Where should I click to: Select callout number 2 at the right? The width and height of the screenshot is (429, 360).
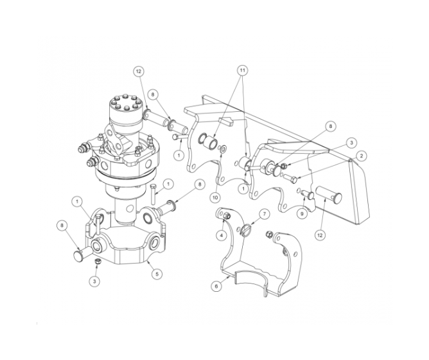coord(362,156)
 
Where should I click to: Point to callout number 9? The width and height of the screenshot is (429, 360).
coord(301,213)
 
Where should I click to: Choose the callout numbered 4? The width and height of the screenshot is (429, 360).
coord(222,235)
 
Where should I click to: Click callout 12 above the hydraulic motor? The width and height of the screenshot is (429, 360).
coord(137,71)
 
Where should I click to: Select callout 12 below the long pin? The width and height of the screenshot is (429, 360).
coord(319,236)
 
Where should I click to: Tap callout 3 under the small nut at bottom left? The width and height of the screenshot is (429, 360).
coord(94,280)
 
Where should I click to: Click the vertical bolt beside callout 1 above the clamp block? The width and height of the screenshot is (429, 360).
coord(155,191)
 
